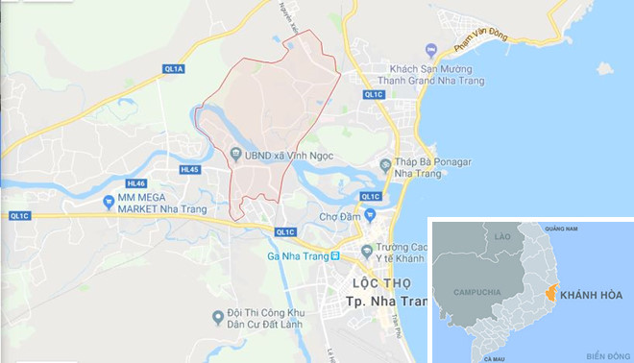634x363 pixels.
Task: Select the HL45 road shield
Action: coord(188,170)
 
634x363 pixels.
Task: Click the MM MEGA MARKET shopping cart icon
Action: coord(110,201)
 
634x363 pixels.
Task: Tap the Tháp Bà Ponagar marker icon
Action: coord(385,166)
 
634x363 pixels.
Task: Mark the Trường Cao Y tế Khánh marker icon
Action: coord(366,251)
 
